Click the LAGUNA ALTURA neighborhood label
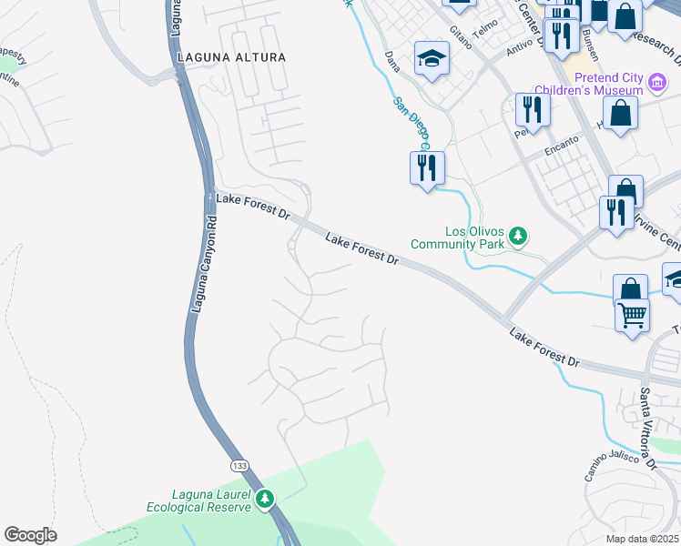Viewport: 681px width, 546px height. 231,57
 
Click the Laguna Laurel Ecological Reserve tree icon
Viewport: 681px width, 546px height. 265,499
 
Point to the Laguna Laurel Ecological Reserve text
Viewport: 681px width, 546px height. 198,500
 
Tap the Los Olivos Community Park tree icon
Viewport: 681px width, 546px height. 518,237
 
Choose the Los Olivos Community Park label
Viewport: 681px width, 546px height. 457,237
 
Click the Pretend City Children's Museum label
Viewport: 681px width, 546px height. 588,84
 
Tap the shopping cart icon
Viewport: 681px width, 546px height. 632,316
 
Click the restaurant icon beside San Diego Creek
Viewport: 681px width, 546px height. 426,167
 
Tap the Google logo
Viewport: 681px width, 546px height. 30,534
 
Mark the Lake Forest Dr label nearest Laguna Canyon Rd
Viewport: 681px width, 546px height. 251,207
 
